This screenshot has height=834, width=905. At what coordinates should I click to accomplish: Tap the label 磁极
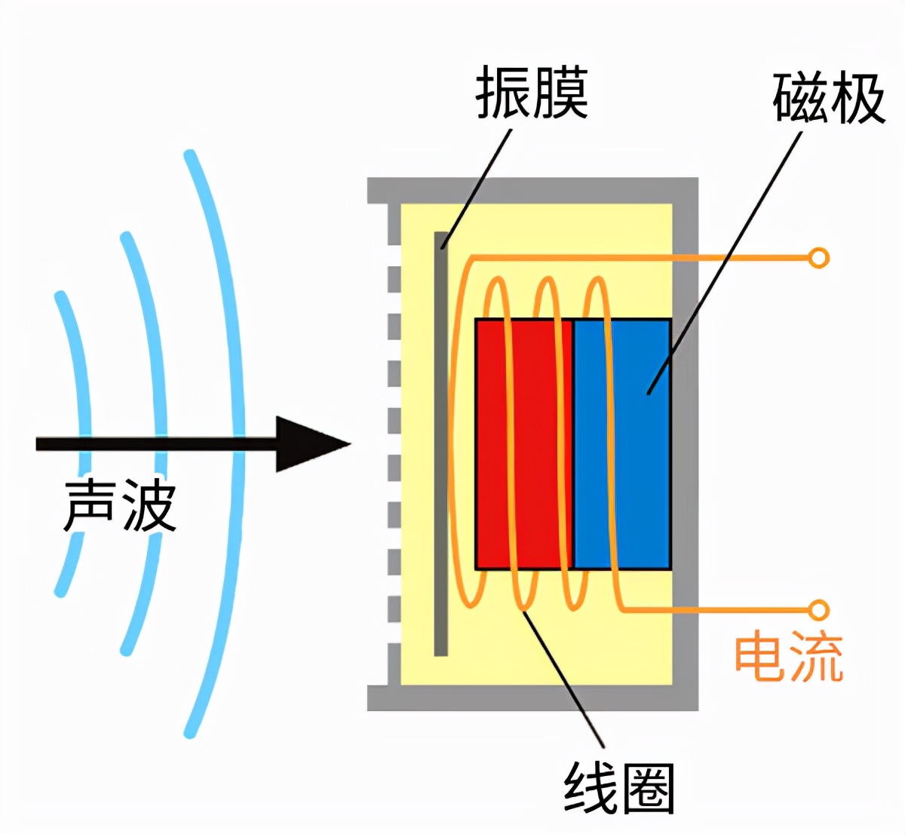(828, 98)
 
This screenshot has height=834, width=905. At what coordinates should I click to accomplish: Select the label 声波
(120, 504)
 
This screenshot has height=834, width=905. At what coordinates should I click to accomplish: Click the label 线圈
(619, 789)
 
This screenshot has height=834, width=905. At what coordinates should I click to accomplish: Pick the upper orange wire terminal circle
(818, 258)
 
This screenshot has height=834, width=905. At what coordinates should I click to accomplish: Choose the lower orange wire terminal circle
(818, 609)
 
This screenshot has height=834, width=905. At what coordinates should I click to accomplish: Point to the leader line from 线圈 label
(566, 679)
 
